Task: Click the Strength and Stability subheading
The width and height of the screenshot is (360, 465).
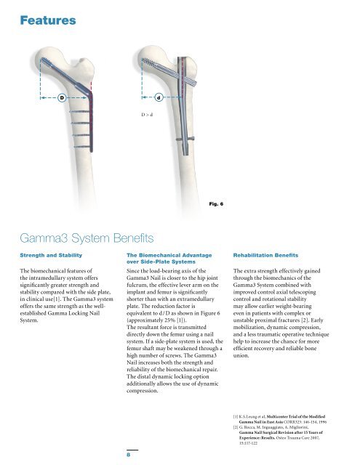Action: (53, 256)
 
